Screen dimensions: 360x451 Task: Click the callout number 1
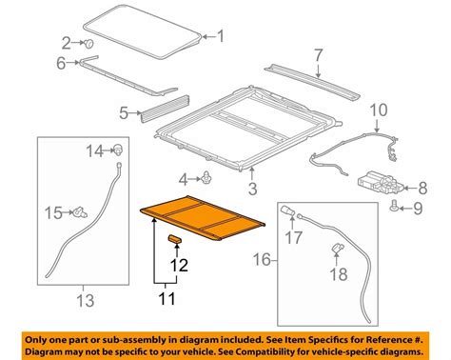click(x=221, y=38)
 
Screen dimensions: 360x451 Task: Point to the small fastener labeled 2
click(x=88, y=44)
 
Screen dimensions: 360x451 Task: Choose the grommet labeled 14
click(x=119, y=149)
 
